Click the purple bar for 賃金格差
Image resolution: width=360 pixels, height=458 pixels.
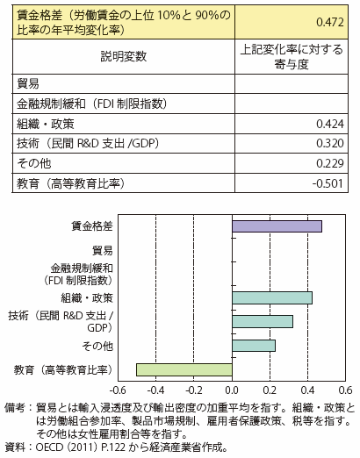(x=277, y=226)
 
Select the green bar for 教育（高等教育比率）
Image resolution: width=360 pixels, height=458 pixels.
(x=184, y=369)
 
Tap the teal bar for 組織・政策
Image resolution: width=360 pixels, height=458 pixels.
(x=272, y=298)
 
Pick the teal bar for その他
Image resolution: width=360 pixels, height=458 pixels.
(x=254, y=346)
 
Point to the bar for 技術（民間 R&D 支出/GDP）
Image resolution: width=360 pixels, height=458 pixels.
(x=263, y=322)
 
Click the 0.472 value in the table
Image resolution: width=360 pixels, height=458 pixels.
(x=330, y=22)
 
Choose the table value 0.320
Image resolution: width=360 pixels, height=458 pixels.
(x=330, y=143)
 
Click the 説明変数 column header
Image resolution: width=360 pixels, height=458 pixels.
(x=124, y=56)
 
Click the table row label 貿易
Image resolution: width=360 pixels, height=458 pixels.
(x=28, y=84)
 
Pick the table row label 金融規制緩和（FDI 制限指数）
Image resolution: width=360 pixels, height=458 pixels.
(x=91, y=104)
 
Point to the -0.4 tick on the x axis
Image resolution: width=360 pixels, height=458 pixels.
(x=155, y=390)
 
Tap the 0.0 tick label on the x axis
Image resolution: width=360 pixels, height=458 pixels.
(x=232, y=390)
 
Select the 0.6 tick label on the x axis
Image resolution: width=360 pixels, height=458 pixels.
(x=345, y=390)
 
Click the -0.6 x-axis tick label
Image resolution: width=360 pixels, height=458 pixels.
(x=118, y=390)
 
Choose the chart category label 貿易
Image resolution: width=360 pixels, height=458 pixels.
(x=103, y=250)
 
